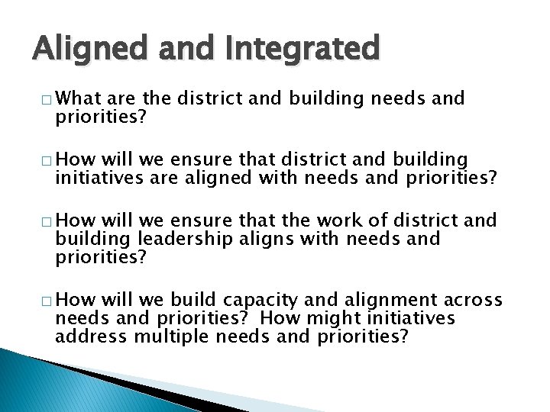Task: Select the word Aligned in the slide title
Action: point(79,49)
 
